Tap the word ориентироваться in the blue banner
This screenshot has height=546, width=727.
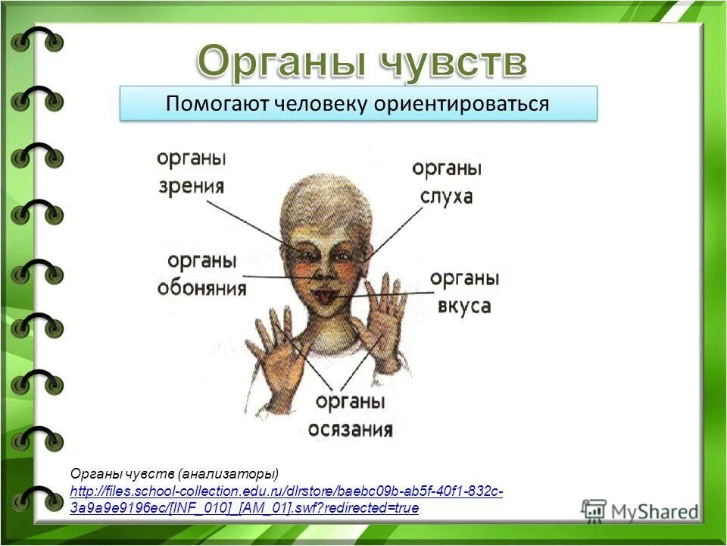click(x=460, y=104)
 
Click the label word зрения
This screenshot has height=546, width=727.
click(x=192, y=185)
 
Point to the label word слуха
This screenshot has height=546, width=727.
click(x=447, y=196)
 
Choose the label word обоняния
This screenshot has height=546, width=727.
click(x=201, y=288)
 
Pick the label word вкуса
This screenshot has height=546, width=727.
click(x=464, y=306)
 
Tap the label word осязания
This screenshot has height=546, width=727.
click(x=350, y=429)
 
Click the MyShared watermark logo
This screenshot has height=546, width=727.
click(x=640, y=510)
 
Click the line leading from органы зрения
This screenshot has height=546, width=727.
click(x=250, y=220)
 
